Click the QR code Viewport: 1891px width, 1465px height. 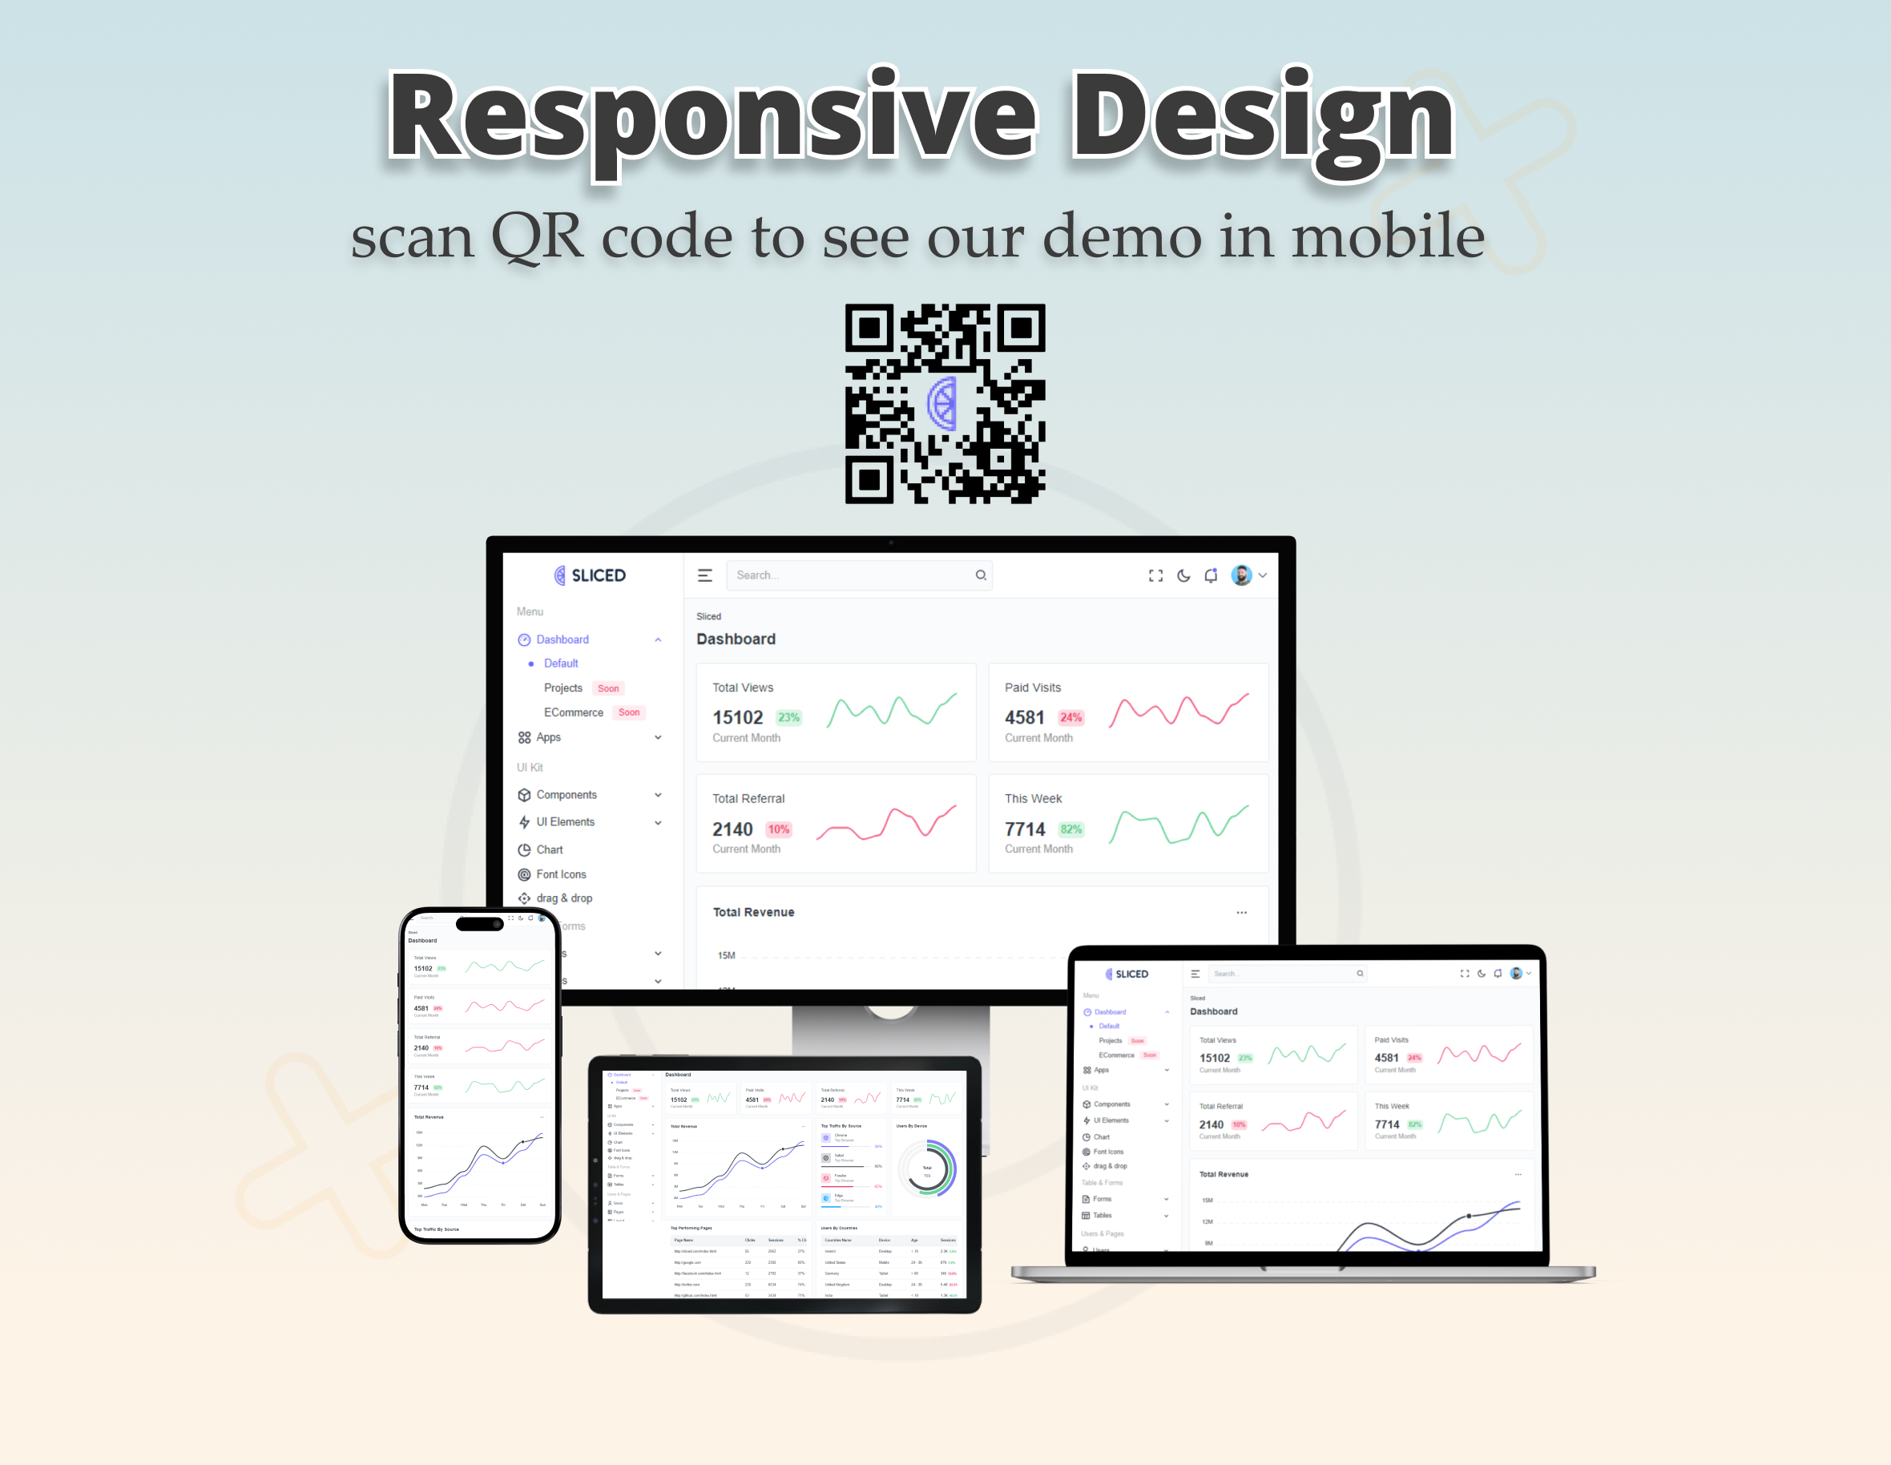click(945, 403)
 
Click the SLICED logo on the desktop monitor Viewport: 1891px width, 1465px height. click(590, 575)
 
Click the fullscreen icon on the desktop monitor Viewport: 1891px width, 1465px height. click(1155, 575)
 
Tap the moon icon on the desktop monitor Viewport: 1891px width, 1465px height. click(1183, 575)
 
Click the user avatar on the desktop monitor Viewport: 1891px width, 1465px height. click(1240, 575)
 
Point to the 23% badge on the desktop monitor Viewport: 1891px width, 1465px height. click(788, 718)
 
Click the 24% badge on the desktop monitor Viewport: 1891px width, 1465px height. click(1070, 718)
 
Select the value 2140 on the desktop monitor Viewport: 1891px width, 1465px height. click(732, 829)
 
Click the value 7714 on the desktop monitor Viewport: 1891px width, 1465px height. click(1024, 829)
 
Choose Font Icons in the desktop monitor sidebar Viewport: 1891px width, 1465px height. click(561, 874)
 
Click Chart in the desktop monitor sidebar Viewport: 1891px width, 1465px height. click(549, 850)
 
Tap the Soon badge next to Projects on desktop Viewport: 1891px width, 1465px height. click(608, 688)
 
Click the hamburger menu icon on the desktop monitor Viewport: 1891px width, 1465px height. click(705, 575)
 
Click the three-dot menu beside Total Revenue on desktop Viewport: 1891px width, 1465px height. click(1240, 913)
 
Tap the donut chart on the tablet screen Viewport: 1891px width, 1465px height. click(927, 1169)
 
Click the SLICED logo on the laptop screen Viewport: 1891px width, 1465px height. click(1127, 974)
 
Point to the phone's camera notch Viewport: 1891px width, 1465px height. click(480, 924)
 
